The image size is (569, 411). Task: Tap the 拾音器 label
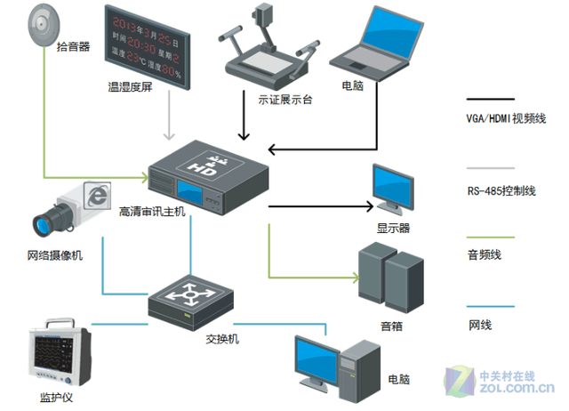pos(73,46)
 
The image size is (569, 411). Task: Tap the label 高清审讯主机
pos(153,213)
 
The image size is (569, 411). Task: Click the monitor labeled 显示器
pos(392,189)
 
